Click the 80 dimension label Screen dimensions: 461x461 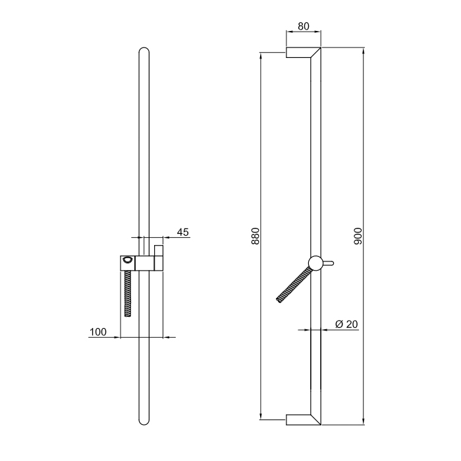304,26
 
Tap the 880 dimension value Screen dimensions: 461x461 256,236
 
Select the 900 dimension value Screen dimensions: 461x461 358,236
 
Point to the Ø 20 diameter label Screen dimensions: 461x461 346,324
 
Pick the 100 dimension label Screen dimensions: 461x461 98,332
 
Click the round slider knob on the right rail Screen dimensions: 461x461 315,263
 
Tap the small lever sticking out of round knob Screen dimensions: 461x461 329,263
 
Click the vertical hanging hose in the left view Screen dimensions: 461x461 128,294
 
